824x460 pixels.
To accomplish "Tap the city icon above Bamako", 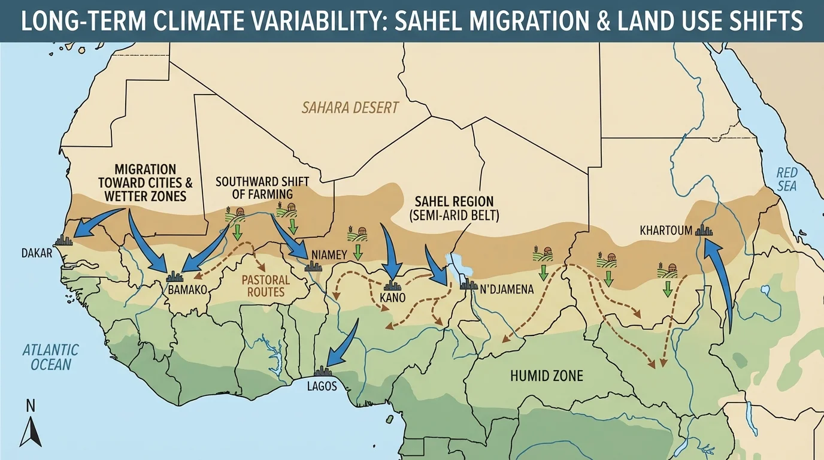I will (x=174, y=276).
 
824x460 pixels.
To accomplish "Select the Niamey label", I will (x=329, y=255).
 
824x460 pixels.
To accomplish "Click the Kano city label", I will (x=393, y=298).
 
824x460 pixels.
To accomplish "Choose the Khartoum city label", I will (x=666, y=230).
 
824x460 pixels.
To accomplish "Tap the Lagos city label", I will (x=322, y=386).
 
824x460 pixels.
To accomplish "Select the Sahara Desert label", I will (x=350, y=108).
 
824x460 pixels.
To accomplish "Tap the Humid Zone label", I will (x=546, y=376).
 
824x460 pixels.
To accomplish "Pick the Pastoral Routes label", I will (x=266, y=286).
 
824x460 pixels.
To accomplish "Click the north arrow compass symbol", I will (x=29, y=426).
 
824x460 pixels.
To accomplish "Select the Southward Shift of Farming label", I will (x=254, y=187).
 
